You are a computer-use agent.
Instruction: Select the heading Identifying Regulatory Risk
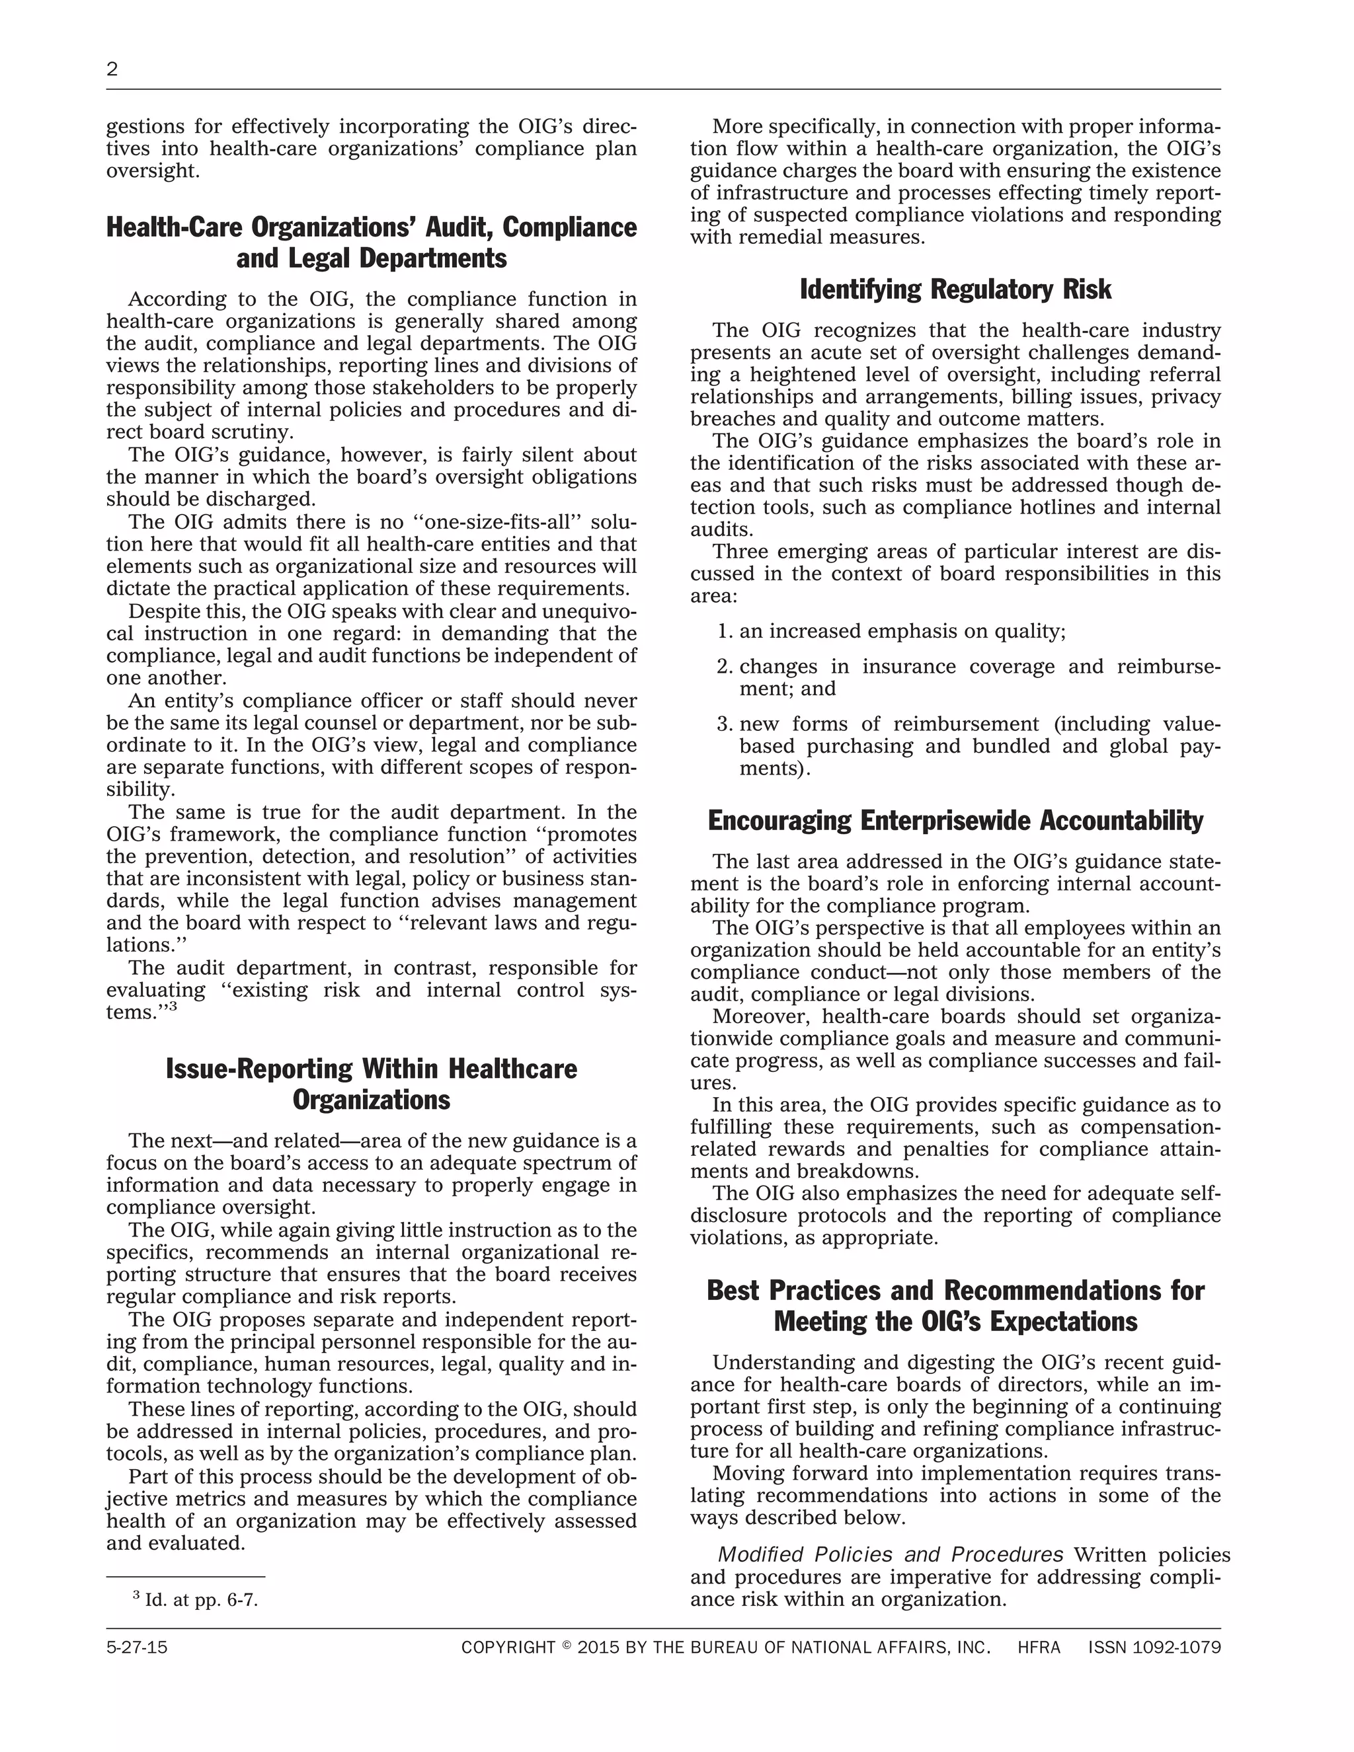pyautogui.click(x=955, y=289)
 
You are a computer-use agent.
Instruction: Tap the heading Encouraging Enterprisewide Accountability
pyautogui.click(x=955, y=821)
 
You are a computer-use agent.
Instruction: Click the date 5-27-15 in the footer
pyautogui.click(x=136, y=1648)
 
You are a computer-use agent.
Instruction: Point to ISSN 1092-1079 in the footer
pyautogui.click(x=1154, y=1648)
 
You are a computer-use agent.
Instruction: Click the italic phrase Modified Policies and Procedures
pyautogui.click(x=890, y=1554)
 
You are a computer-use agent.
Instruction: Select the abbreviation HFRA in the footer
pyautogui.click(x=1039, y=1648)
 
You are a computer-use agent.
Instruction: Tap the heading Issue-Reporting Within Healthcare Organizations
pyautogui.click(x=371, y=1084)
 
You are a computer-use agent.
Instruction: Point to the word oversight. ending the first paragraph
pyautogui.click(x=153, y=171)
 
